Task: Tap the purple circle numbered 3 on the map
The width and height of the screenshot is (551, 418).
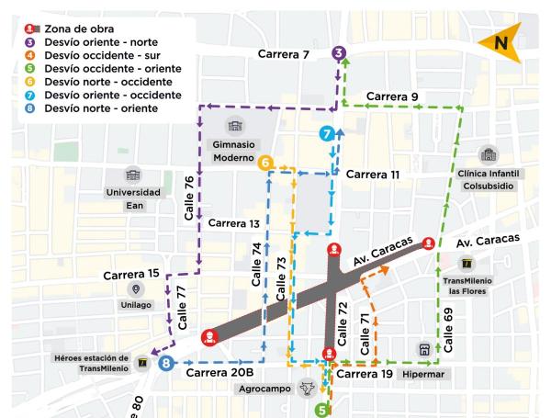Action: [x=340, y=53]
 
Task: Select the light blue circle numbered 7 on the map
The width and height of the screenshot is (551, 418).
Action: [x=326, y=134]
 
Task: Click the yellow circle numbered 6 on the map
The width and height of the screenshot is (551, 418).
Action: [x=265, y=164]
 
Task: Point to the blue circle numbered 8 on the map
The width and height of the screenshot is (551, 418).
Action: [x=165, y=364]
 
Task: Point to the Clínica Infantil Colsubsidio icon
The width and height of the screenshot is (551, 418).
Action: [x=487, y=153]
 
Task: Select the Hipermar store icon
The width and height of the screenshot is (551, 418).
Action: [x=424, y=350]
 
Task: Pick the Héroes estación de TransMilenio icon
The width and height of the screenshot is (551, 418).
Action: [x=141, y=363]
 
